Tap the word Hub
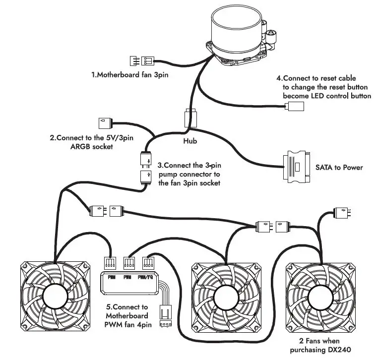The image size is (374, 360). (190, 141)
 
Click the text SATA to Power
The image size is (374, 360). (339, 168)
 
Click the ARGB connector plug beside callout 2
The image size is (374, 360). (105, 122)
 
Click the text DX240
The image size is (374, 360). (340, 350)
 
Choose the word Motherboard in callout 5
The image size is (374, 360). (126, 316)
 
